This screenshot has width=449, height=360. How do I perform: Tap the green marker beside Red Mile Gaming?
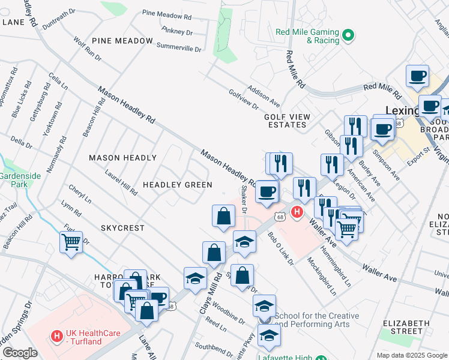tap(348, 37)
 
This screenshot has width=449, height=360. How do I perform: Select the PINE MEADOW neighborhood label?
tap(122, 41)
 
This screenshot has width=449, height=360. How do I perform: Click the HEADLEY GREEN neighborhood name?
tap(177, 185)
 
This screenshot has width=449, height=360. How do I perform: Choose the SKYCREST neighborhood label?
tap(122, 228)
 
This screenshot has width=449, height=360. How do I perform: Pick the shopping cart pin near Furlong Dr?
tap(71, 242)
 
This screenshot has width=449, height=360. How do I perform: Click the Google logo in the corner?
tap(20, 353)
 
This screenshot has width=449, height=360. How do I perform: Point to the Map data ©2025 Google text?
tap(412, 355)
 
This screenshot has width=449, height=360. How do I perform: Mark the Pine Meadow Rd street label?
tap(166, 14)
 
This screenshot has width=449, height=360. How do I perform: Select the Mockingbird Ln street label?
tap(320, 271)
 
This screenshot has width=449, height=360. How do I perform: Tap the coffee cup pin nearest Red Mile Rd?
tap(417, 77)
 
